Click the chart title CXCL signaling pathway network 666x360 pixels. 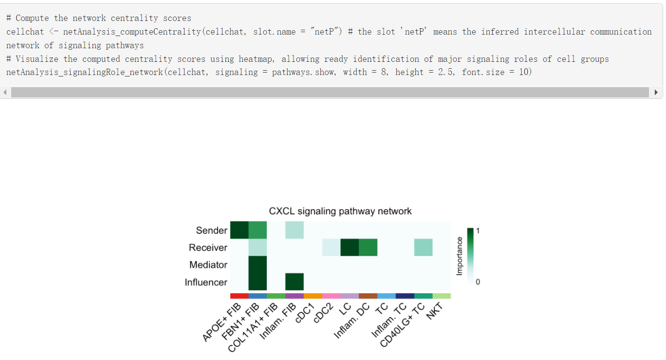tap(340, 211)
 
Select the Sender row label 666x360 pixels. tap(211, 230)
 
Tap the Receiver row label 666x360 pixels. tap(208, 247)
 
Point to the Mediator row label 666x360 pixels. tap(208, 265)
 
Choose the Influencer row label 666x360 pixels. tap(206, 283)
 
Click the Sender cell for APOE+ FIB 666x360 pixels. tap(239, 230)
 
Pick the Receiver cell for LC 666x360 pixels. tap(350, 247)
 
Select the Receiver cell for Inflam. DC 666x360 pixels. tap(368, 247)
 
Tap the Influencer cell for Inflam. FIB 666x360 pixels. tap(295, 282)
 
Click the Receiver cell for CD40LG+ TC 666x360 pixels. tap(424, 247)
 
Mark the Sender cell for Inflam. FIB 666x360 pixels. tap(295, 230)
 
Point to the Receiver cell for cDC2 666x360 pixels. tap(331, 247)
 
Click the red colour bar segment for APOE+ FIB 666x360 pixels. tap(239, 296)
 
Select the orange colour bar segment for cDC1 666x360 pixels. tap(313, 296)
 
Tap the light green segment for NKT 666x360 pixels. tap(442, 296)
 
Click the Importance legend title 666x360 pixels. tap(459, 256)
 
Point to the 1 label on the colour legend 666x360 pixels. tap(478, 231)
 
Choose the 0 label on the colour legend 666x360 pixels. tap(478, 282)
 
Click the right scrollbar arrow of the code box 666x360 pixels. tap(656, 92)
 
